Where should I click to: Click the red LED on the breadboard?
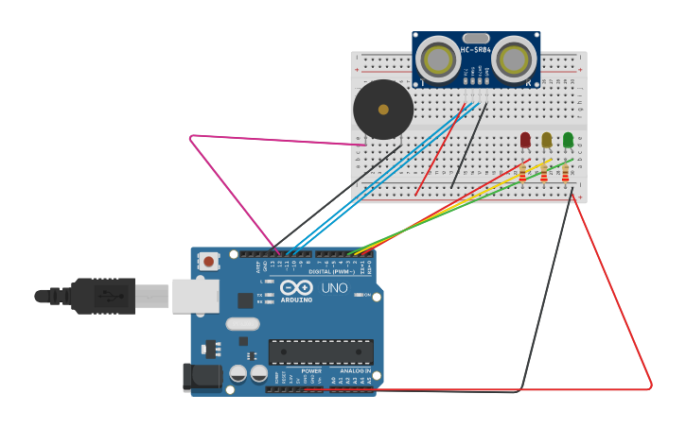[x=525, y=140]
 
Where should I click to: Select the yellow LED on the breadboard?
[x=546, y=140]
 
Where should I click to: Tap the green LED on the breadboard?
[x=568, y=140]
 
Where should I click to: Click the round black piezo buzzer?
[x=383, y=110]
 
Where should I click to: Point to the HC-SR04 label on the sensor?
[x=476, y=50]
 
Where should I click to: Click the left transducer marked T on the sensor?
[x=439, y=60]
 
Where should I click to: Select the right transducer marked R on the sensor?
[x=513, y=60]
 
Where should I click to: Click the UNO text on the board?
[x=335, y=288]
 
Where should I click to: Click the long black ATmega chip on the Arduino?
[x=321, y=352]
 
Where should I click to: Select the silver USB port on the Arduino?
[x=195, y=296]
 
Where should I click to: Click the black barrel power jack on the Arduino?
[x=202, y=378]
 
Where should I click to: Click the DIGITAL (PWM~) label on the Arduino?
[x=331, y=271]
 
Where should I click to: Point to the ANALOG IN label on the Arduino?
[x=356, y=371]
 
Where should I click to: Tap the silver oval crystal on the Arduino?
[x=242, y=324]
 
